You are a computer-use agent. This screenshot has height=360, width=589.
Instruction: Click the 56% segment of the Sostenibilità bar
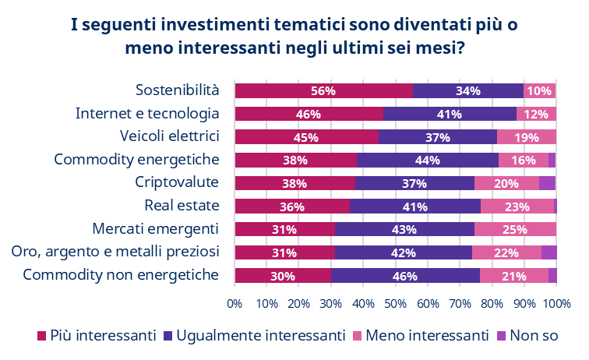point(323,90)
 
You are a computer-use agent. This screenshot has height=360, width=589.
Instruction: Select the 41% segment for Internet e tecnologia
point(450,114)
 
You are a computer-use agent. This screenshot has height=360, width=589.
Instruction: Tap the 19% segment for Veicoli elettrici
point(527,137)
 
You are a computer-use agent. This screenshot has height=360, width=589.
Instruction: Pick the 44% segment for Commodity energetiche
point(428,161)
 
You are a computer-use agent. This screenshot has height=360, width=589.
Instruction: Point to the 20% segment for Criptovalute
point(506,183)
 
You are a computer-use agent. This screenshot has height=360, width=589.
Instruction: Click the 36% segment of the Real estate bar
point(292,206)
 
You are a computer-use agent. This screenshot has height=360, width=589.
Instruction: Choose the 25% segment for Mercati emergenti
point(516,229)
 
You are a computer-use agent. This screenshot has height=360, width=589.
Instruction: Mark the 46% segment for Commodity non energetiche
point(405,276)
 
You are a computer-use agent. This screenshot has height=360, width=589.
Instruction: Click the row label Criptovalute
point(177,182)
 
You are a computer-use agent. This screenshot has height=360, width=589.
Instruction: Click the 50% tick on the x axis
point(396,302)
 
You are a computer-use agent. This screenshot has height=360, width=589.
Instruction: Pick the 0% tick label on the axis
point(235,302)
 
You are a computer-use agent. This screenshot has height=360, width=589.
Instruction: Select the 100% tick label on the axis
point(556,302)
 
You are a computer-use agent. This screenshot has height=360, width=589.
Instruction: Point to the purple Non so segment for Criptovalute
point(547,183)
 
